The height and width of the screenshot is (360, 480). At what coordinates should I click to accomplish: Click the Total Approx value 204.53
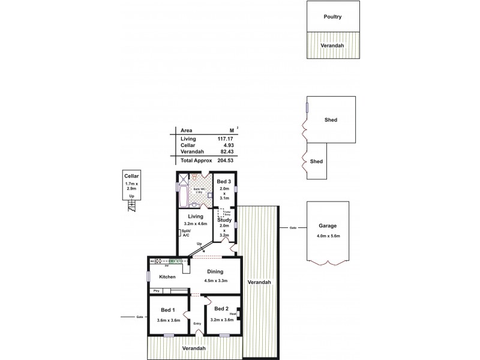225,161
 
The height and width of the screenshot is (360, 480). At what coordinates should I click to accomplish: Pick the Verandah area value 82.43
226,152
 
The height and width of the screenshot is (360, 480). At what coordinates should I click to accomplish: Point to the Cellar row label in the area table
188,145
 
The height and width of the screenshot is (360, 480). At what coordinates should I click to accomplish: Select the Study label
224,220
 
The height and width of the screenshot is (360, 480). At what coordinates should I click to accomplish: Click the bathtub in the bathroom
183,196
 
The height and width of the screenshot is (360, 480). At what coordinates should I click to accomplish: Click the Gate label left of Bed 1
140,317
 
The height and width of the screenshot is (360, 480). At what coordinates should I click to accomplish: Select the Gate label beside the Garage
293,227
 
